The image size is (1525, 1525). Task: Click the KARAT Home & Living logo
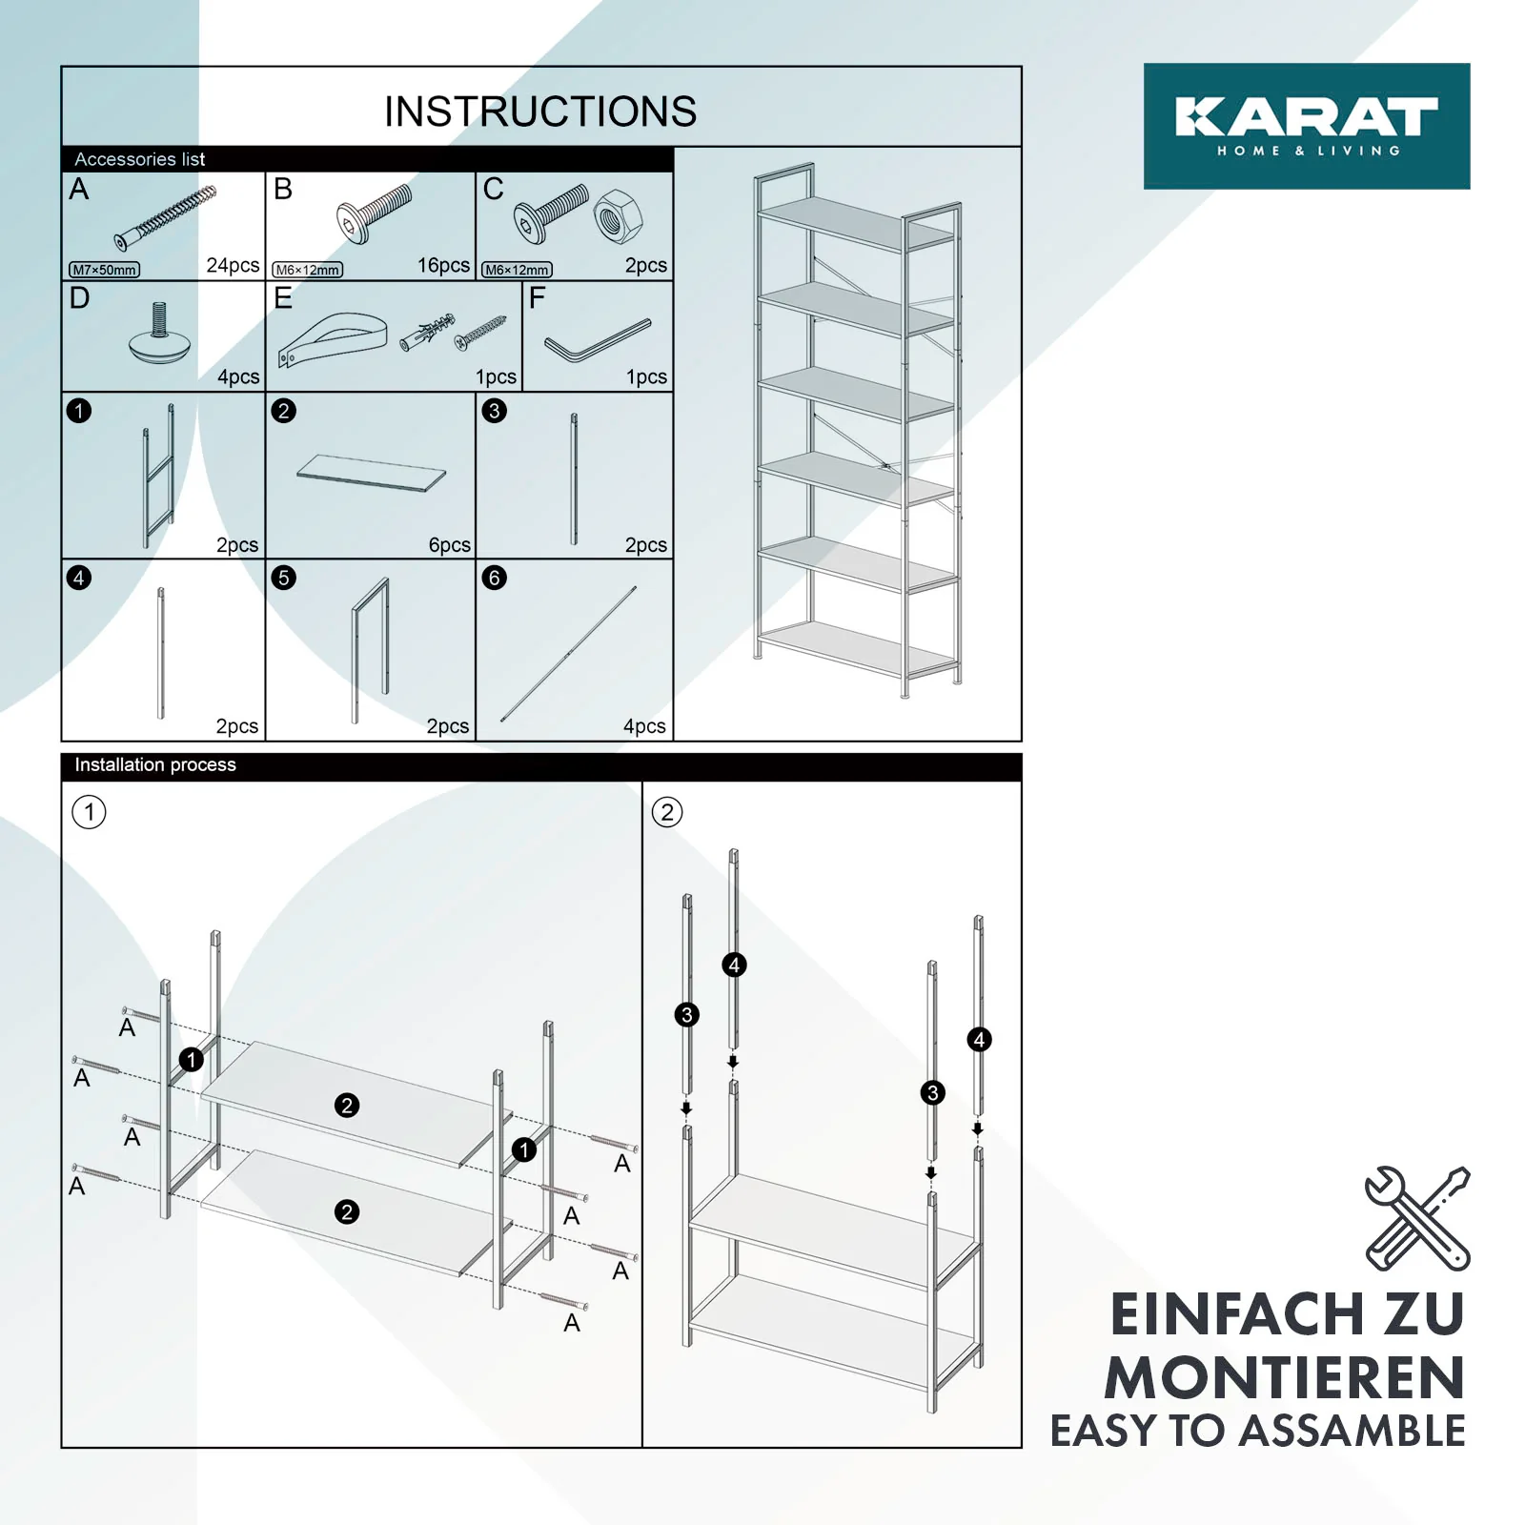pyautogui.click(x=1306, y=126)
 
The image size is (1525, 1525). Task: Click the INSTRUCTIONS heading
pyautogui.click(x=540, y=112)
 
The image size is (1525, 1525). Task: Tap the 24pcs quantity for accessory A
pyautogui.click(x=233, y=265)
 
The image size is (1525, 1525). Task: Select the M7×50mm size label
pyautogui.click(x=105, y=270)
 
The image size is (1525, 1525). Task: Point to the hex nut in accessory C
pyautogui.click(x=618, y=215)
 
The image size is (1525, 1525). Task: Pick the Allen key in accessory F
pyautogui.click(x=598, y=340)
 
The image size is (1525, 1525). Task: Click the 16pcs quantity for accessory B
pyautogui.click(x=443, y=265)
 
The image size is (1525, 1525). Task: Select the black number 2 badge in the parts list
pyautogui.click(x=283, y=411)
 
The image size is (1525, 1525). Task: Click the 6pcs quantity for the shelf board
pyautogui.click(x=449, y=545)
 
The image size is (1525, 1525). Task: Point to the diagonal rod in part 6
pyautogui.click(x=569, y=654)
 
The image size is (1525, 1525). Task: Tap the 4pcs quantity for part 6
pyautogui.click(x=644, y=726)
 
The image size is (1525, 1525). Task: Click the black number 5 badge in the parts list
pyautogui.click(x=283, y=578)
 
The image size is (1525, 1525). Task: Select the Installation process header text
pyautogui.click(x=155, y=764)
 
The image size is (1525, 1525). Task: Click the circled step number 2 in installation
pyautogui.click(x=667, y=812)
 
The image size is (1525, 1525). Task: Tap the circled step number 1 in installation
pyautogui.click(x=90, y=812)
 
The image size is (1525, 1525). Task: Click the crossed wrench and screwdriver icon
pyautogui.click(x=1417, y=1218)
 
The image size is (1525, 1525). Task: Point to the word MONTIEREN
pyautogui.click(x=1284, y=1378)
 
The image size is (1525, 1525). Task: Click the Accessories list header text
pyautogui.click(x=140, y=159)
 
